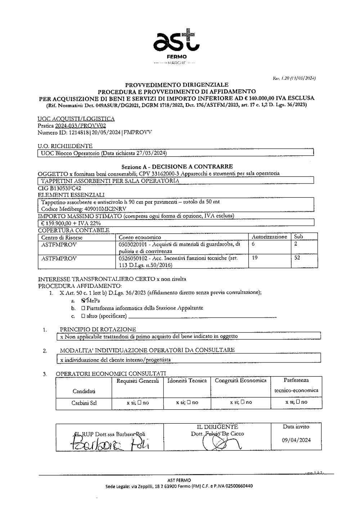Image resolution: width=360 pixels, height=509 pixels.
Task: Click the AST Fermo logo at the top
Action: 177,45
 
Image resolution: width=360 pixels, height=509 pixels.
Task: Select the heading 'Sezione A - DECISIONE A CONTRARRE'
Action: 177,167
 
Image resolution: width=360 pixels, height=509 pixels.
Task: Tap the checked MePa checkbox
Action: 84,300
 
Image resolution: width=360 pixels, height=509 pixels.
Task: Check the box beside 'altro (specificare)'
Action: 83,316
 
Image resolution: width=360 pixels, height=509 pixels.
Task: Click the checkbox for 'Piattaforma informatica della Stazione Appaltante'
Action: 83,308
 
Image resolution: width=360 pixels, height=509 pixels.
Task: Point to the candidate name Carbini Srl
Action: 84,403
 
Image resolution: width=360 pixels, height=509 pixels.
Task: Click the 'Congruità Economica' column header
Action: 240,380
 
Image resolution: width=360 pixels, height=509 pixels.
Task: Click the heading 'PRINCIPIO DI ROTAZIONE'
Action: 98,329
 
